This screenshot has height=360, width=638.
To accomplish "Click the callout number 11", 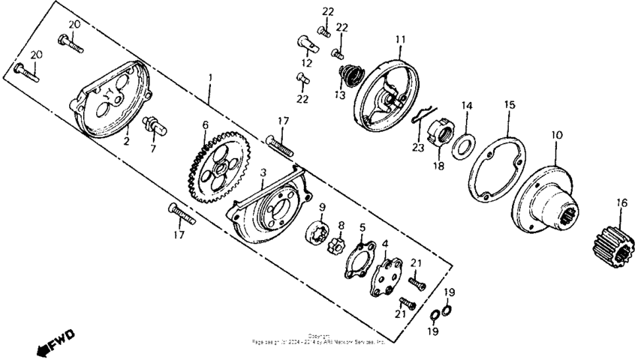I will (400, 39).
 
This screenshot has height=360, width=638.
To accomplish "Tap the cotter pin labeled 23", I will (421, 118).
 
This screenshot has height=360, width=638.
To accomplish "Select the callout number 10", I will (556, 135).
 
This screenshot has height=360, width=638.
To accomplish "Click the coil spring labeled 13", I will (348, 76).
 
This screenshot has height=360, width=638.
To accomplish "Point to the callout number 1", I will (210, 77).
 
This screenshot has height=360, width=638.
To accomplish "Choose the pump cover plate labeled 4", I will (388, 275).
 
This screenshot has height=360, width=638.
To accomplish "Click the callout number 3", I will (263, 172).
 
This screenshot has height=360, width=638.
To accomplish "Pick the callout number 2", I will (126, 139).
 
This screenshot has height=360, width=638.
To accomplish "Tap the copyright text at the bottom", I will (318, 339).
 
